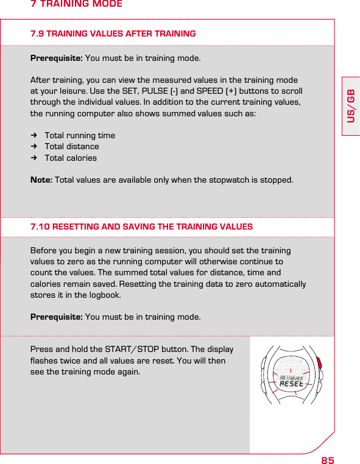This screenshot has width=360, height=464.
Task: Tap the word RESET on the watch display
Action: (x=291, y=384)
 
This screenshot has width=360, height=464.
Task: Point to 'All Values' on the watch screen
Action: (x=291, y=378)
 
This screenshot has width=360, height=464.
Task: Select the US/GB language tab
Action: (x=351, y=105)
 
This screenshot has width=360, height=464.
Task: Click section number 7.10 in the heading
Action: (x=40, y=227)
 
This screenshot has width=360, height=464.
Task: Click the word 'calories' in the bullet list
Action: (x=82, y=158)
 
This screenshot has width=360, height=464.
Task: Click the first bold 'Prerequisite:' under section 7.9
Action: (x=57, y=58)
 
